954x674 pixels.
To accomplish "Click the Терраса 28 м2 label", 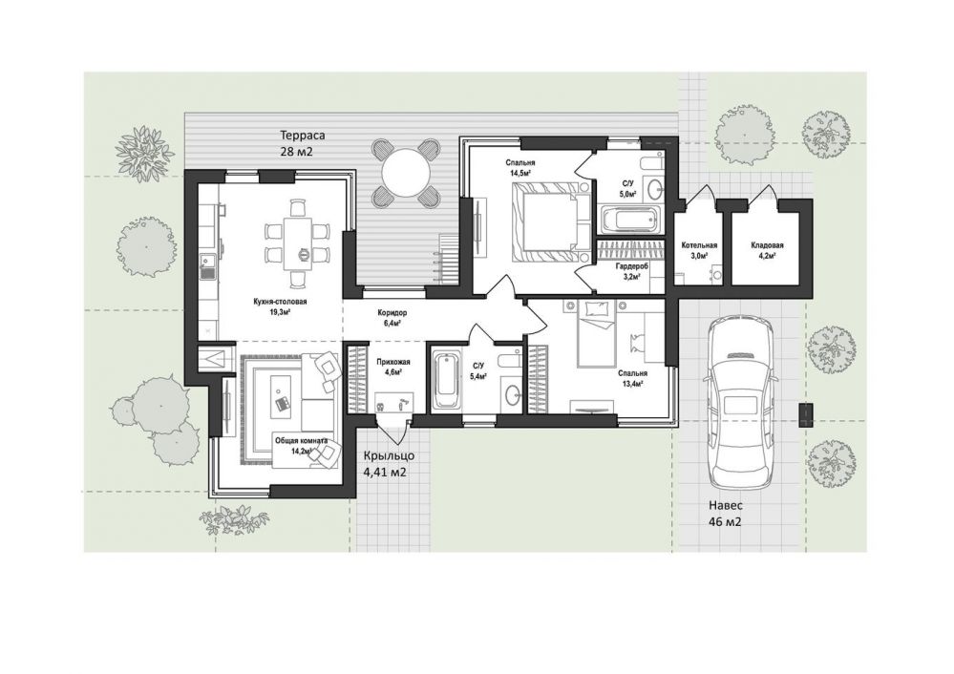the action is pos(296,143).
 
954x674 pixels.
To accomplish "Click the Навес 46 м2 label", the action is pos(725,514).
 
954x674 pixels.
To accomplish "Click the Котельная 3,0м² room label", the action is pos(699,250).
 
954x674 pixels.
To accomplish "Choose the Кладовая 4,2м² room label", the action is pos(767,250).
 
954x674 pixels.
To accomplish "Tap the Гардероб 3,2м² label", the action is pos(631,271).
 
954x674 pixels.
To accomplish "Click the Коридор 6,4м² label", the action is pos(392,318).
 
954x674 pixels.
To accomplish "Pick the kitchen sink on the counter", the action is pos(208,266).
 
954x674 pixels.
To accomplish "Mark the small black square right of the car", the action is pos(805,414).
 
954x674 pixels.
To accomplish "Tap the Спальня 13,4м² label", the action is pos(632,378).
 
